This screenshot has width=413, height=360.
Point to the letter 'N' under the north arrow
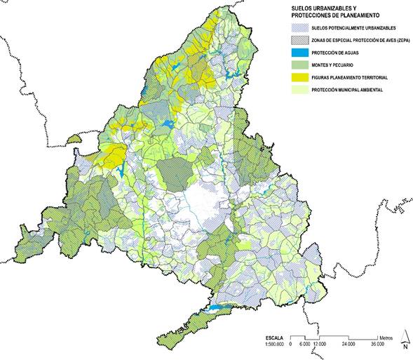(405, 345)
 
